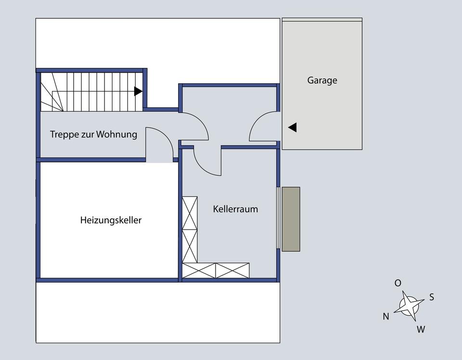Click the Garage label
[322, 80]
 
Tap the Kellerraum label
[235, 209]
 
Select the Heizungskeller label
[111, 220]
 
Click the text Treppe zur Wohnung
[93, 134]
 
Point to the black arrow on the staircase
[138, 91]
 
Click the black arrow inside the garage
[292, 128]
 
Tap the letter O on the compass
[398, 283]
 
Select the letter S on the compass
[432, 297]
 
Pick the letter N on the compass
[386, 317]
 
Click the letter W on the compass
[421, 330]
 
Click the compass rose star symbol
[409, 305]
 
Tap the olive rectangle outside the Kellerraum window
[291, 219]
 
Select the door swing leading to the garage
[263, 127]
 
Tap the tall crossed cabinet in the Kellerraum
[190, 229]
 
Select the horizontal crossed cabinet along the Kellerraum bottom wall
[216, 270]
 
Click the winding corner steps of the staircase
[51, 94]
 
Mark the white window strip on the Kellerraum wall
[278, 217]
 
